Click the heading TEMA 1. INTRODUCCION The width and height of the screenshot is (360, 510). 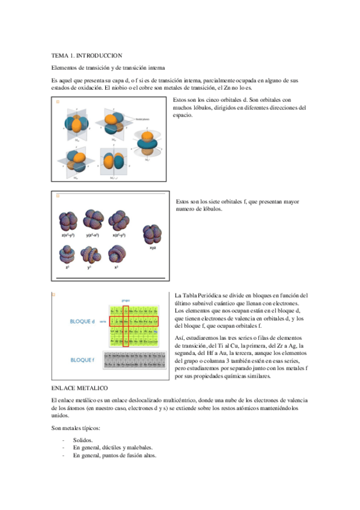tap(87, 55)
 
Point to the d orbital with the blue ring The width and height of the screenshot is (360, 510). tap(147, 144)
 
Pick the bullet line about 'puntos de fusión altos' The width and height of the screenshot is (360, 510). tap(114, 456)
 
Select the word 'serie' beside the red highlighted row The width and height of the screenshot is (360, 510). tap(102, 322)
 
